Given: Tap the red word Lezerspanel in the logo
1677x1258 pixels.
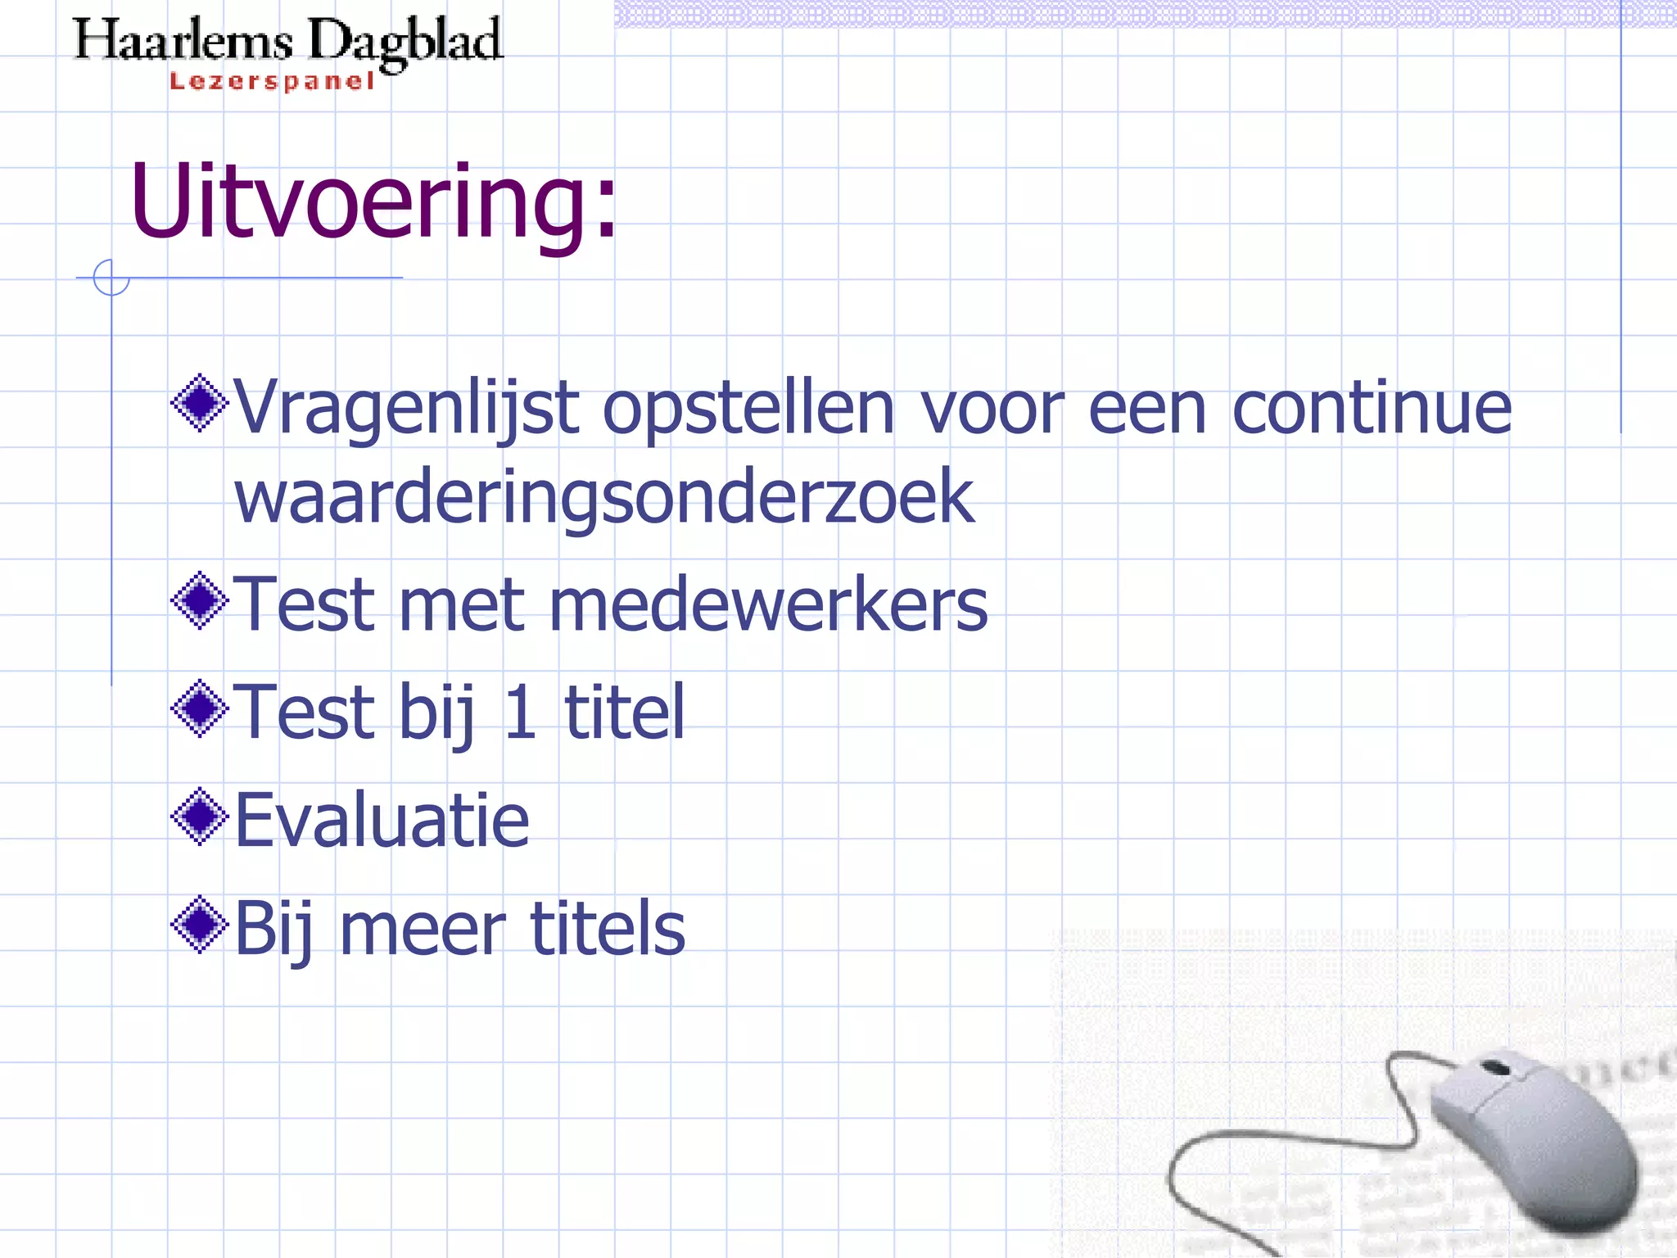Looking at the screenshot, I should (272, 81).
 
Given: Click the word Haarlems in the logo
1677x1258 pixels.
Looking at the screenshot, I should (183, 41).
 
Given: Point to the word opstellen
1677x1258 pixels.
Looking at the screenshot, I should (748, 409).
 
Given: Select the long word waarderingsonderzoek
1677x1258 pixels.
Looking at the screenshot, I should (604, 497).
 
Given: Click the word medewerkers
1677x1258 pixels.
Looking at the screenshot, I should (768, 604).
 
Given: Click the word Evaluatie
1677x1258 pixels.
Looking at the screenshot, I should (382, 820).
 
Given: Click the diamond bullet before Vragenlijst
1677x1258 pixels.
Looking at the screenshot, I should (200, 402).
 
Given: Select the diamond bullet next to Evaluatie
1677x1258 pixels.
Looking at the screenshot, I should (200, 816).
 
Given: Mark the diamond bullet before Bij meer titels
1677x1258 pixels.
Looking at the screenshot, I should (200, 925).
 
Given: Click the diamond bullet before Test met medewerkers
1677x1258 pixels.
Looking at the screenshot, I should (200, 600).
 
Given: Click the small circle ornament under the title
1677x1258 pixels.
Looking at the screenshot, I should (111, 278).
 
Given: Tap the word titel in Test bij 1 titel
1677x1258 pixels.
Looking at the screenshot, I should (624, 712).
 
